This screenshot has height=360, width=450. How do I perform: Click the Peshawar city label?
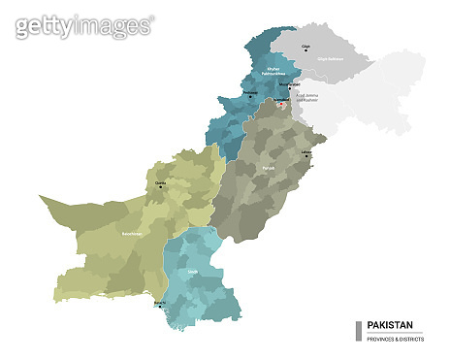point(251,93)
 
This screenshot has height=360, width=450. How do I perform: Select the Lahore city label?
point(307,150)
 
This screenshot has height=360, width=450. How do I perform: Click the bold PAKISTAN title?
point(390,325)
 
